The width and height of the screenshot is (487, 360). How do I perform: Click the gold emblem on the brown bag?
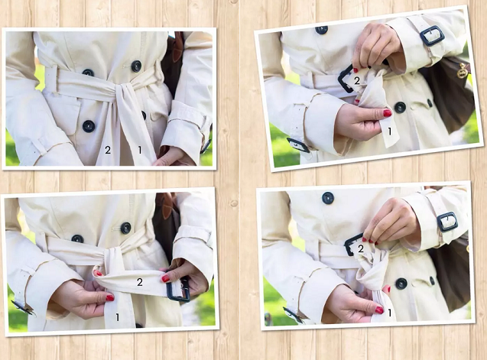pos(463,71)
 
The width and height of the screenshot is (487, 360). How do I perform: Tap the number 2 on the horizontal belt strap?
pos(140,282)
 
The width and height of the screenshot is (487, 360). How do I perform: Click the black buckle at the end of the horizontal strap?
pos(178,289)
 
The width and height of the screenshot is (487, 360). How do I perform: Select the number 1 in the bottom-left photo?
pos(118,317)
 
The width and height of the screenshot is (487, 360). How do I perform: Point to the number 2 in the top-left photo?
pos(108,150)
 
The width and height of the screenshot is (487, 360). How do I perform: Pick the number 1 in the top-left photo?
pos(140,150)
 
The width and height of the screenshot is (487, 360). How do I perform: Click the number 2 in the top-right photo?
pos(357,81)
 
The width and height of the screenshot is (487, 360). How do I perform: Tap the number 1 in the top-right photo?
pos(390,131)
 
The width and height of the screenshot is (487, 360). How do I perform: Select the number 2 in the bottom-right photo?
pos(361,248)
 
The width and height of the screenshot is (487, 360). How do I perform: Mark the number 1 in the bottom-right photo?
pos(390,313)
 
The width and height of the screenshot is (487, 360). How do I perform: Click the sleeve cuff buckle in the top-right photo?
pos(432,36)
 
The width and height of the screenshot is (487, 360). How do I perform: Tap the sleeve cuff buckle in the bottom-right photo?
pos(447,222)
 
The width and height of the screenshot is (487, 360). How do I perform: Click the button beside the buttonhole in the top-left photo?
pos(136,66)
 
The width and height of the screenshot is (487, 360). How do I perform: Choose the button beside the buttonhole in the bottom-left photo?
pos(125,228)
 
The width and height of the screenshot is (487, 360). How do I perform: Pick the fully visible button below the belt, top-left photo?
pos(89,126)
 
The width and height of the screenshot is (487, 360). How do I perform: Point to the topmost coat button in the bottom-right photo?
pos(328,198)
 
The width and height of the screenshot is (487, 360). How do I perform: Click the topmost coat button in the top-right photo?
pos(321,30)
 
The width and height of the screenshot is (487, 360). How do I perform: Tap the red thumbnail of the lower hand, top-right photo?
pos(387,113)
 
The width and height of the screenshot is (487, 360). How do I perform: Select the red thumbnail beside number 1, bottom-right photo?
pos(379,310)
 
